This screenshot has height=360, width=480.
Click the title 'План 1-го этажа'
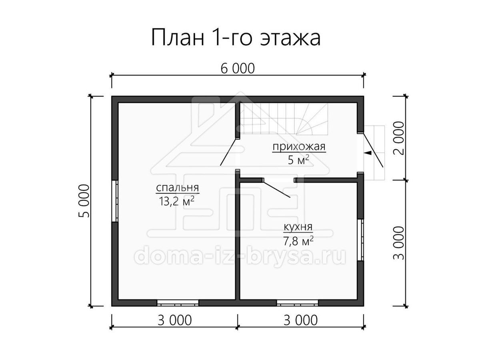(236, 37)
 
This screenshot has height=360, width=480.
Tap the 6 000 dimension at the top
(238, 68)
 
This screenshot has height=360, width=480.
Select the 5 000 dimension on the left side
(84, 201)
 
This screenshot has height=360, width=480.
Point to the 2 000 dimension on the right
(399, 138)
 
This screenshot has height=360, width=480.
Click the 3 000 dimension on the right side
(399, 243)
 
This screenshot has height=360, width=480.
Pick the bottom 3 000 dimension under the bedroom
(174, 320)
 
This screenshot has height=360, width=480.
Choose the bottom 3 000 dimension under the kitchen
(300, 320)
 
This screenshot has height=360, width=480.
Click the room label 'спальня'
(177, 188)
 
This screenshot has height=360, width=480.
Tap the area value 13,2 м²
(177, 201)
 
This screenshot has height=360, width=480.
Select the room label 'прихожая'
(299, 147)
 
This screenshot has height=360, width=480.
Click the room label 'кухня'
(298, 227)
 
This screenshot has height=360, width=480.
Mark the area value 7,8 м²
(298, 241)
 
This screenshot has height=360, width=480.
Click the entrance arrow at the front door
(368, 153)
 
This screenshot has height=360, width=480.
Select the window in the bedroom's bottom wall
(178, 303)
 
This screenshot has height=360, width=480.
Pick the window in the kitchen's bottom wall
(298, 303)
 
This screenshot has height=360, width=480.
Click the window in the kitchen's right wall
(361, 240)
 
